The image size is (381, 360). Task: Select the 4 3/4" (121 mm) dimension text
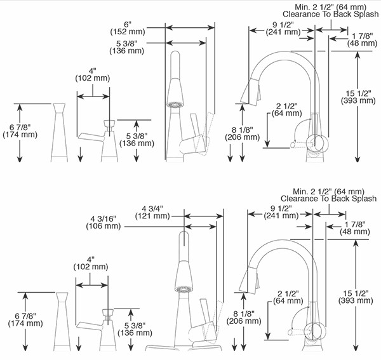(152, 211)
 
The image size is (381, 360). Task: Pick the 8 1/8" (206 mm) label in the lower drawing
(241, 317)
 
